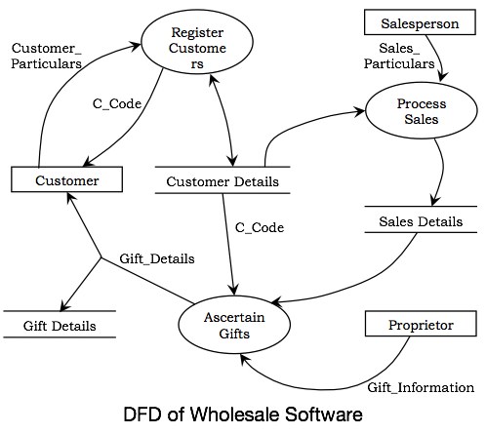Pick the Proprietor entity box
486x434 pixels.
tap(421, 325)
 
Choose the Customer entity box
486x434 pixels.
tap(67, 180)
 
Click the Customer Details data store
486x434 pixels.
tap(223, 181)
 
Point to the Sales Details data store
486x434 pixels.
tap(420, 221)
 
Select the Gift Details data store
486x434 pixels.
tap(58, 325)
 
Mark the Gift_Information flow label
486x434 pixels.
tap(421, 387)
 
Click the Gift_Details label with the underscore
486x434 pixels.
tap(156, 259)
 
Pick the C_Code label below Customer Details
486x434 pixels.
tap(260, 227)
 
